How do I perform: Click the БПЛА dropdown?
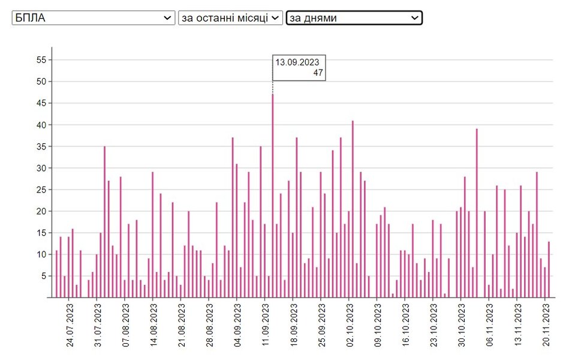(94, 18)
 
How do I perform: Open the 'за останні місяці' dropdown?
(230, 18)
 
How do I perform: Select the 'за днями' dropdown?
(354, 18)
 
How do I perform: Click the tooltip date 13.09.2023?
(297, 62)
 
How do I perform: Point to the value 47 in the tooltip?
(318, 73)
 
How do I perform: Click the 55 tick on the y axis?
(41, 60)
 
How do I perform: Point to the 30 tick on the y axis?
(41, 168)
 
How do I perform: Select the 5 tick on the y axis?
(44, 276)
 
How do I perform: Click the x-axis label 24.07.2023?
(70, 327)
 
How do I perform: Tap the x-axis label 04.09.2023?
(237, 327)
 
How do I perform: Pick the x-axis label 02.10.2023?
(349, 327)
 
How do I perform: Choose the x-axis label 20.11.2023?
(545, 327)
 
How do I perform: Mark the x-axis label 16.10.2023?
(405, 327)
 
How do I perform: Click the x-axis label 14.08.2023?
(153, 327)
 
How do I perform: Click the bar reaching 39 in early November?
(477, 213)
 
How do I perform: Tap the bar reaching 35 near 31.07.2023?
(104, 222)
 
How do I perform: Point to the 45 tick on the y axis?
(41, 103)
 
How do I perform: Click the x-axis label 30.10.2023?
(461, 327)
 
